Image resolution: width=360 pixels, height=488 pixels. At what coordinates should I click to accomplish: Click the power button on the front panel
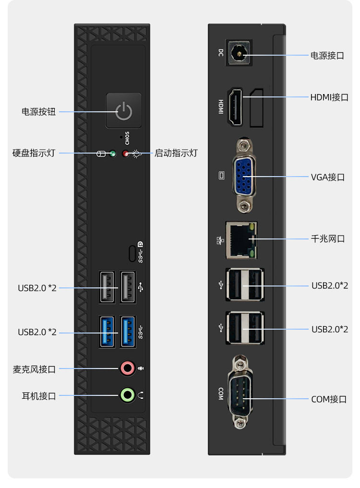point(124,110)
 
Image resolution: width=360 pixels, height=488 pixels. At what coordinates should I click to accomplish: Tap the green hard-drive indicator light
point(113,154)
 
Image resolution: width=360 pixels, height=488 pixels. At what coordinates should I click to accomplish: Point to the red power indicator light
point(125,154)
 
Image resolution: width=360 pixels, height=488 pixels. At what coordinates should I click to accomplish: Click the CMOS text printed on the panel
point(127,138)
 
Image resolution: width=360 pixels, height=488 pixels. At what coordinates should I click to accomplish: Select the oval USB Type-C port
point(132,254)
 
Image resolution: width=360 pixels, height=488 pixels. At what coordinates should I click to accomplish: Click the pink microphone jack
point(127,369)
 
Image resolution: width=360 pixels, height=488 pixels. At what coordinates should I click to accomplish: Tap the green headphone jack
point(127,395)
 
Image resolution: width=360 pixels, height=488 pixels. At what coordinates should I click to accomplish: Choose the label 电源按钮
point(38,112)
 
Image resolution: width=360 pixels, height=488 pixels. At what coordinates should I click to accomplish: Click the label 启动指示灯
point(176,153)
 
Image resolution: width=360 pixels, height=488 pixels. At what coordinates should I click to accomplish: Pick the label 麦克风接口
point(34,369)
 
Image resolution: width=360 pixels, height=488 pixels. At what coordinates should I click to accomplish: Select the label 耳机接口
point(39,396)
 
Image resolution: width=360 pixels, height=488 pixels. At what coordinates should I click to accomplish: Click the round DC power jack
point(240,53)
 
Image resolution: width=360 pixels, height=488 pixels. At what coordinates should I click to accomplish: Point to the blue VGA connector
point(244,176)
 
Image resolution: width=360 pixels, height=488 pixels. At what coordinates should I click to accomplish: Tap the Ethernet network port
point(241,240)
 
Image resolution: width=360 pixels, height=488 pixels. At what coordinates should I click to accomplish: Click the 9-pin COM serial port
point(240,393)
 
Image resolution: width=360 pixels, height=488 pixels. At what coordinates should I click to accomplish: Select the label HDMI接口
point(329,97)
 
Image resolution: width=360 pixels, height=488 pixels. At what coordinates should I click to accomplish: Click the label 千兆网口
point(328,238)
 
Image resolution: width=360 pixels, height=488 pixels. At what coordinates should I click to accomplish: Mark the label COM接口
point(329,399)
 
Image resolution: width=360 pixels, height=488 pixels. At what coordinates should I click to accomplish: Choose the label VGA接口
point(328,177)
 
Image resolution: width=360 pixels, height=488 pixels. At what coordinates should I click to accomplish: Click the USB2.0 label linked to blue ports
point(37,332)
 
